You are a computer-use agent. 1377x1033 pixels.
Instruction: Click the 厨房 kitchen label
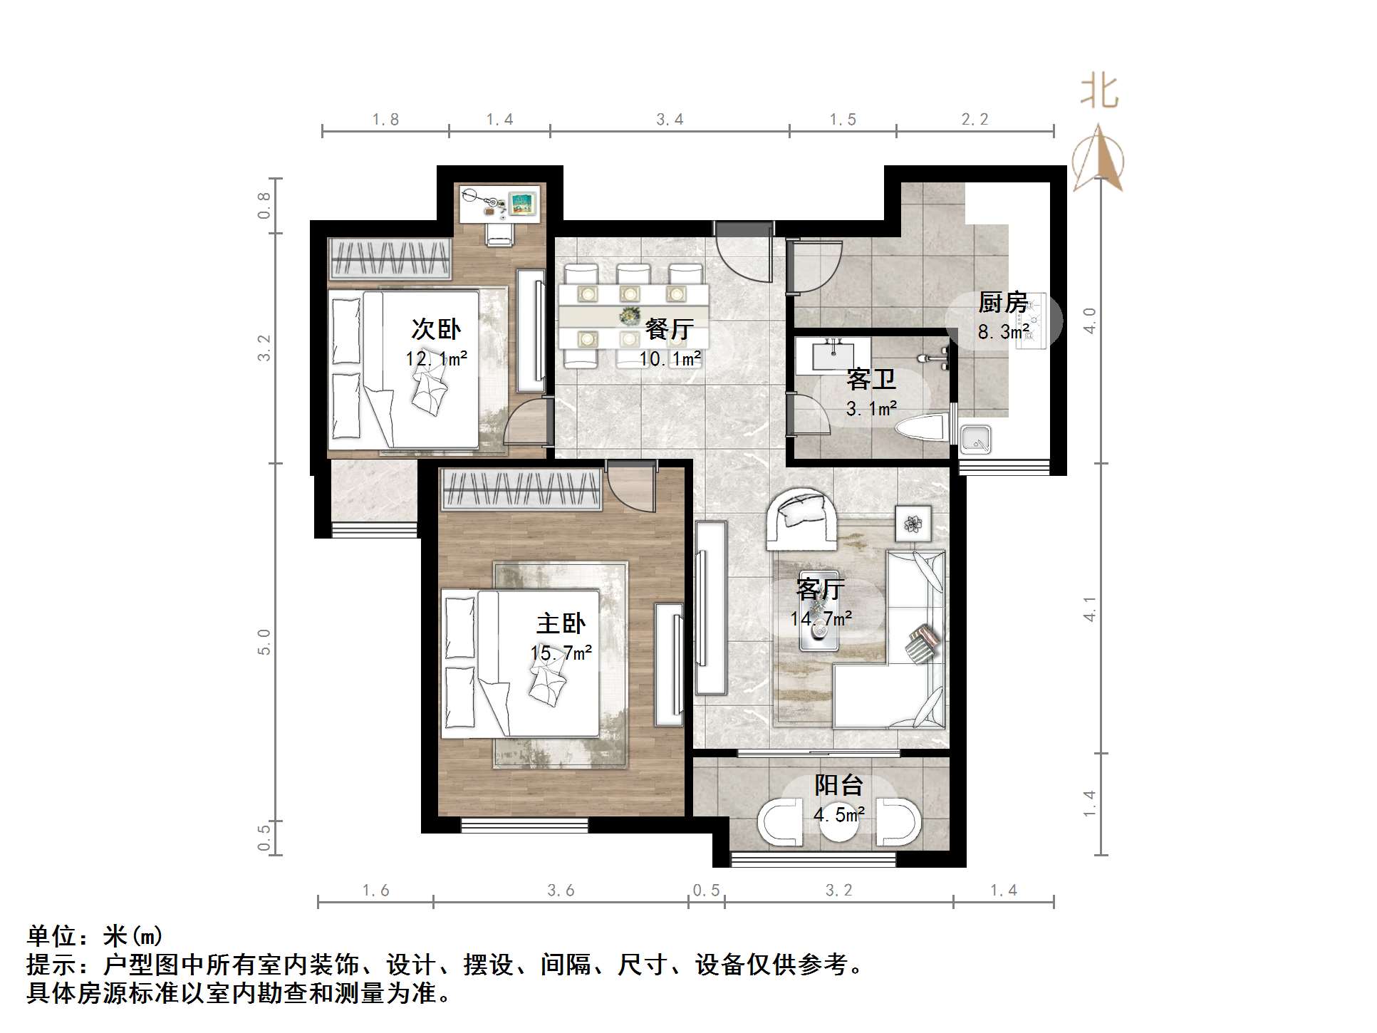(1002, 303)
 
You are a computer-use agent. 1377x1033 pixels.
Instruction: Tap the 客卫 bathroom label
(871, 379)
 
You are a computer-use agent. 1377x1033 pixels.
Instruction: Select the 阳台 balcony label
(838, 785)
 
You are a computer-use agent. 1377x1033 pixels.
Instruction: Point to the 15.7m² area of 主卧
(561, 653)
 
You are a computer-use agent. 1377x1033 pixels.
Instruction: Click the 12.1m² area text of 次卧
(436, 358)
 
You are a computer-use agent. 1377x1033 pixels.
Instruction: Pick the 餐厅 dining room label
(669, 328)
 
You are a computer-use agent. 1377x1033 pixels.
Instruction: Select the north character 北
(1099, 92)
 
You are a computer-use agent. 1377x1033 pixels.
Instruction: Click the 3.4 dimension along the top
(670, 120)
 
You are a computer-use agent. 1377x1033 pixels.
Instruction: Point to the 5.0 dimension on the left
(264, 641)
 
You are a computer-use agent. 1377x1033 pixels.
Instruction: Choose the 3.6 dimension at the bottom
(561, 891)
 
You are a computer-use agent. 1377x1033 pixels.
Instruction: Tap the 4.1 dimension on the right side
(1090, 609)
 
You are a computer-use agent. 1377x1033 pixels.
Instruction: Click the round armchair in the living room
(801, 519)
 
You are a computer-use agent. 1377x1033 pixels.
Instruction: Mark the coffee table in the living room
(819, 611)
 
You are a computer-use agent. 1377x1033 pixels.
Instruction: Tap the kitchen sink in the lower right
(975, 440)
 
